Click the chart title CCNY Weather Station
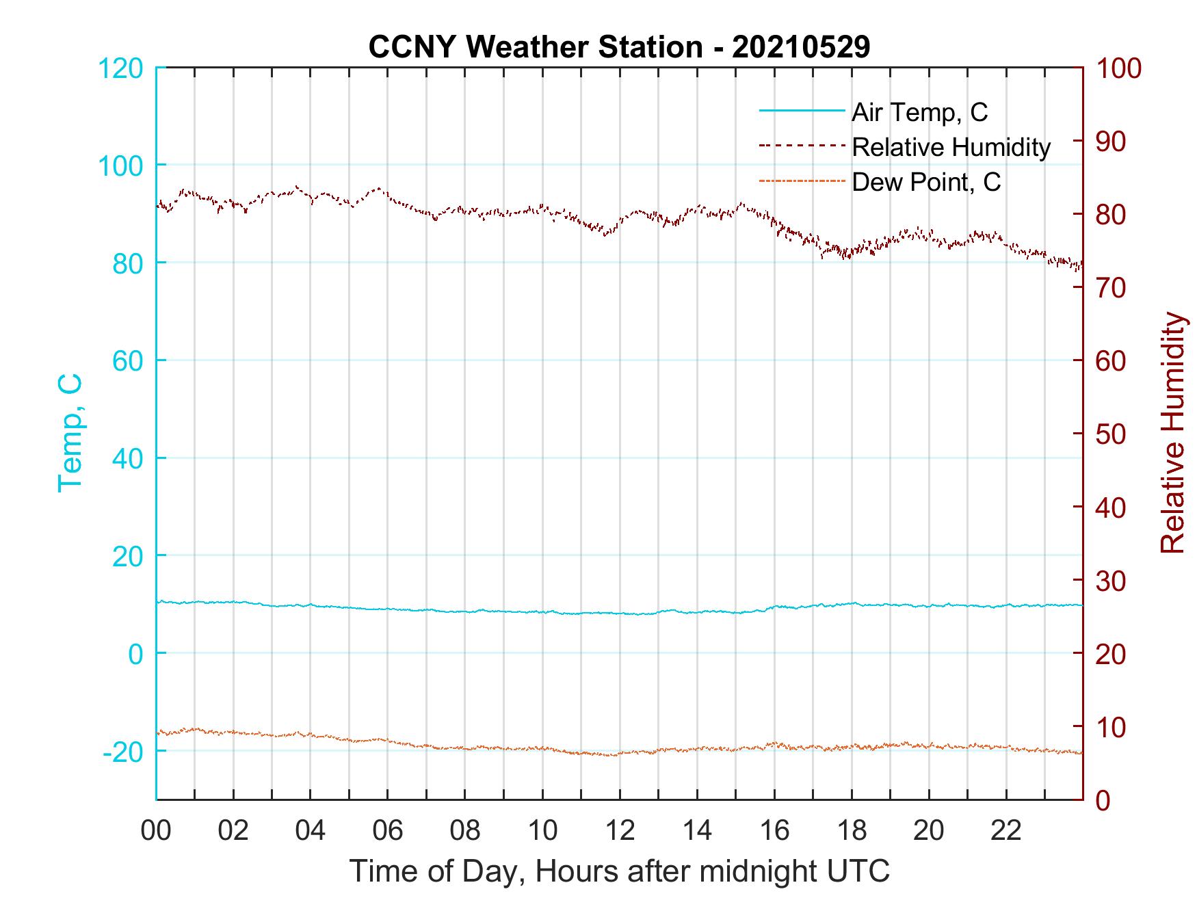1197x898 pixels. click(619, 47)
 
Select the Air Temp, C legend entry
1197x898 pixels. click(919, 112)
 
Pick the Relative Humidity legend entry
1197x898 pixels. click(951, 147)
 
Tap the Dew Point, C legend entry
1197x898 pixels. click(926, 182)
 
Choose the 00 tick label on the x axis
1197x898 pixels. click(156, 830)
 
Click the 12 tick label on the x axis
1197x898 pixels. click(620, 830)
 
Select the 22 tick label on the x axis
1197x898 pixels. click(1006, 830)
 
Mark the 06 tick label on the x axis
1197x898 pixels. click(388, 830)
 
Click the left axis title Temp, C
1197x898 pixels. click(70, 432)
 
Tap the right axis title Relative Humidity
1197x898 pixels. click(1172, 432)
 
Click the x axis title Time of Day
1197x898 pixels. click(619, 871)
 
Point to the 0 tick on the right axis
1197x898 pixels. click(1103, 800)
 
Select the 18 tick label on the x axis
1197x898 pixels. click(852, 830)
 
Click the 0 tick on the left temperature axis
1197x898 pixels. click(136, 654)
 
